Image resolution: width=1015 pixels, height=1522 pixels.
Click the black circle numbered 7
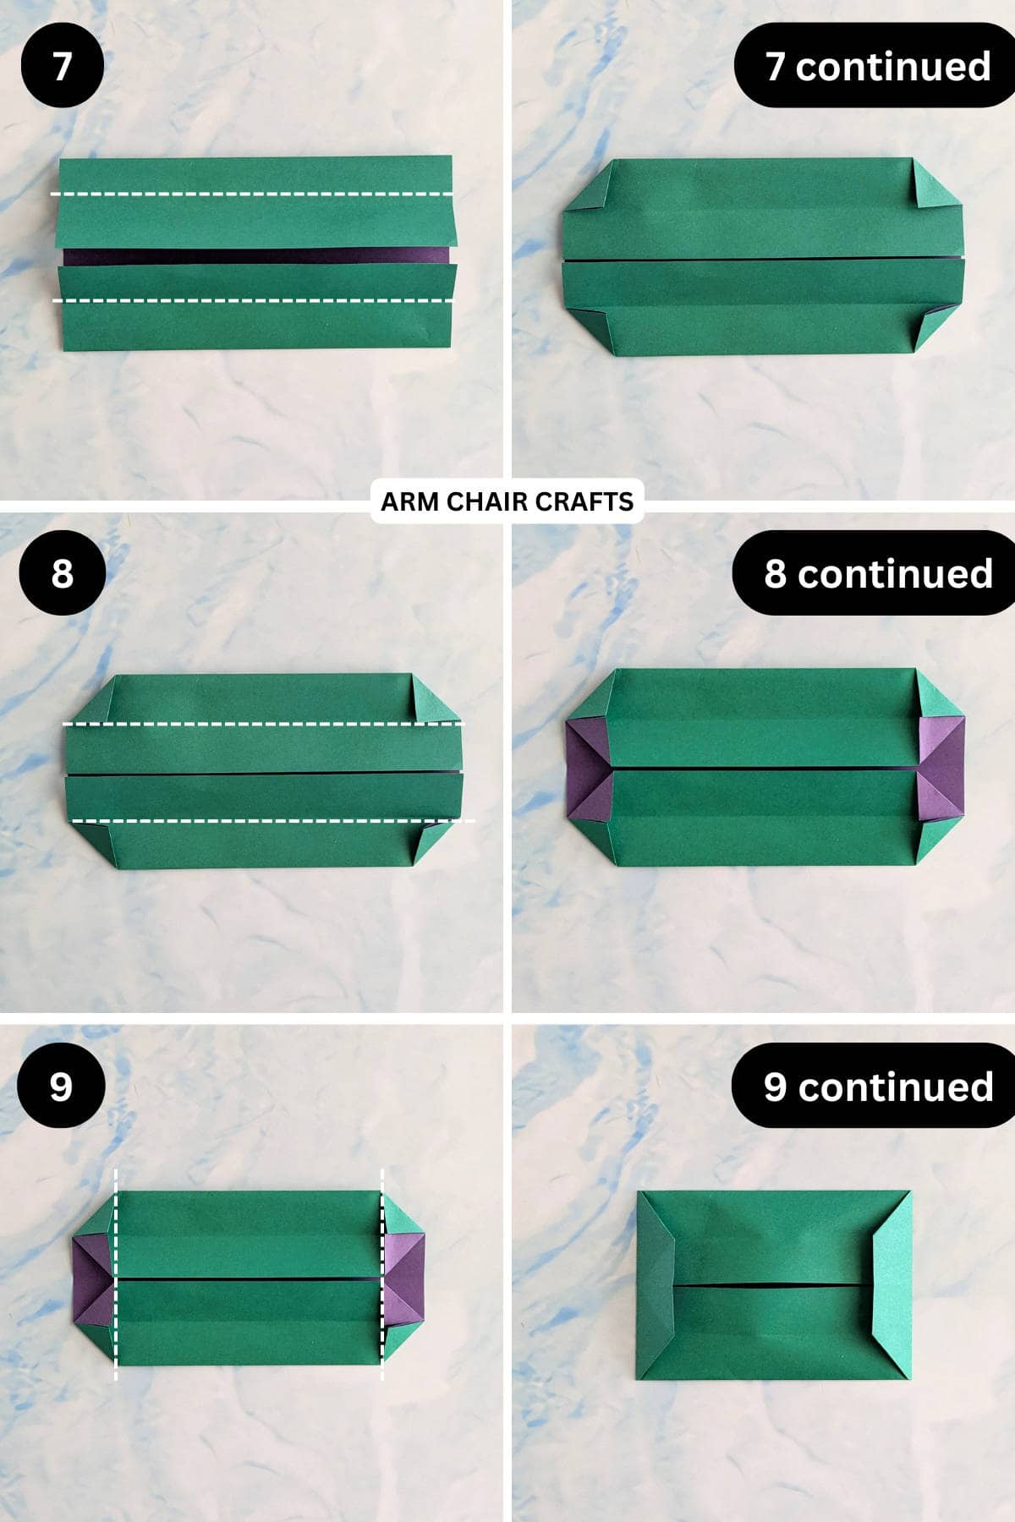(x=62, y=66)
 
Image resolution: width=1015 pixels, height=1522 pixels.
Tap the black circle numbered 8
(x=62, y=573)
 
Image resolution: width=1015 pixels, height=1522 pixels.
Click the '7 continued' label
(x=876, y=66)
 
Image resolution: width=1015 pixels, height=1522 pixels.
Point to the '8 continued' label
(x=876, y=573)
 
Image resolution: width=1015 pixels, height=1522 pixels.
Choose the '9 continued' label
(x=876, y=1087)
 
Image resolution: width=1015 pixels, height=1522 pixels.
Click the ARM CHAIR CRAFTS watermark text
(x=507, y=501)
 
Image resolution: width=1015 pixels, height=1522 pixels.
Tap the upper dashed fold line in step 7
(x=254, y=194)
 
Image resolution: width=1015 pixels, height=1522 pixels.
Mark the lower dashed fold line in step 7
(x=254, y=300)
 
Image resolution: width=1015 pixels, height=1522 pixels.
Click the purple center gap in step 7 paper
(x=254, y=256)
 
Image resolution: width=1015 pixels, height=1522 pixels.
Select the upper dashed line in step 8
(x=262, y=725)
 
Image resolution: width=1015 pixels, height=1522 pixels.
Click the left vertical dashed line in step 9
(x=116, y=1277)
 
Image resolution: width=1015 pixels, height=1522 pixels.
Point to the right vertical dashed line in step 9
(x=382, y=1277)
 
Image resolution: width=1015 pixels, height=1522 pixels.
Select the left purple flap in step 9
(x=91, y=1279)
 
